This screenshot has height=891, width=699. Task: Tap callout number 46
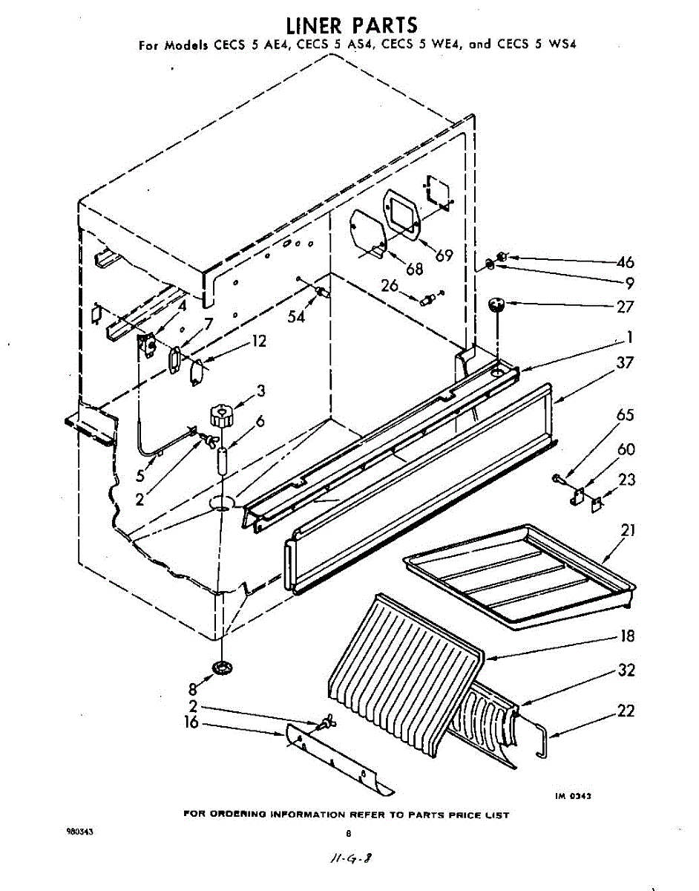click(625, 262)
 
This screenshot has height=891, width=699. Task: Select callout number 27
click(625, 305)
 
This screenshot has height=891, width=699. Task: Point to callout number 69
click(444, 256)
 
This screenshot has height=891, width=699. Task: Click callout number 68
click(414, 268)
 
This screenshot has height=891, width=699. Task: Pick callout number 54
click(297, 317)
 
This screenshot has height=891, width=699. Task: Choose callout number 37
click(625, 363)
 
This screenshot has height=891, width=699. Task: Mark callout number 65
click(625, 414)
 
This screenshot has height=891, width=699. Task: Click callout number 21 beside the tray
click(628, 532)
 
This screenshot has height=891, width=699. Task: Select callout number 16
click(191, 722)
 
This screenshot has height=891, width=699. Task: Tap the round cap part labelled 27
click(496, 304)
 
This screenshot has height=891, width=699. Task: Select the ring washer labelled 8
click(221, 668)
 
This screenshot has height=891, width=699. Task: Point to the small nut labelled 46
click(501, 257)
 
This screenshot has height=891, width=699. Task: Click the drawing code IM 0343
click(573, 795)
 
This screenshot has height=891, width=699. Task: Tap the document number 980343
click(81, 832)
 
